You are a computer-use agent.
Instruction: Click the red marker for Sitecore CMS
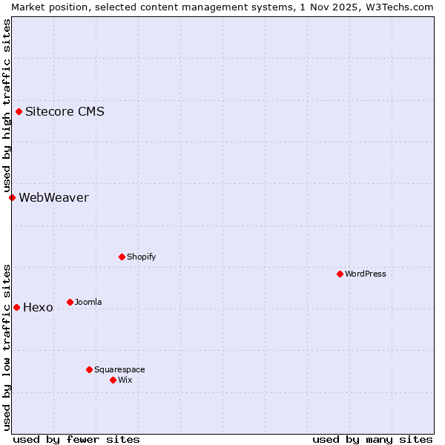(19, 112)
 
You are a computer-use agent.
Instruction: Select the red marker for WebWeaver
(12, 197)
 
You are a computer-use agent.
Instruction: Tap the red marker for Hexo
(16, 307)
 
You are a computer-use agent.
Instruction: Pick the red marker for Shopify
(122, 257)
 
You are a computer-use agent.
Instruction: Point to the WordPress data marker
(340, 274)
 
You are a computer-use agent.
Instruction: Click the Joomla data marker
(70, 302)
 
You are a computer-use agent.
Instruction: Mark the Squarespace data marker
(89, 369)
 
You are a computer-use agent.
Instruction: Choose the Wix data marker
(113, 380)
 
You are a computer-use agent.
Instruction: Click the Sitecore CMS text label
(65, 112)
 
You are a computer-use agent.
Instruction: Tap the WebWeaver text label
(53, 197)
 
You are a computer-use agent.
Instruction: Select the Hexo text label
(38, 308)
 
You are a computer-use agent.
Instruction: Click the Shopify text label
(141, 257)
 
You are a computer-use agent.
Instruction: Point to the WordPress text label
(366, 274)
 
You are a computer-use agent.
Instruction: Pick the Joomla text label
(88, 302)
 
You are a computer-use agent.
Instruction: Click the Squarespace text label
(119, 369)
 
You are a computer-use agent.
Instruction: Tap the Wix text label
(125, 380)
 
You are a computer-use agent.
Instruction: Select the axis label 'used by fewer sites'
(76, 439)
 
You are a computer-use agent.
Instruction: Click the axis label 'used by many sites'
(372, 439)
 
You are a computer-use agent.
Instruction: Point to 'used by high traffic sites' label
(7, 105)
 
